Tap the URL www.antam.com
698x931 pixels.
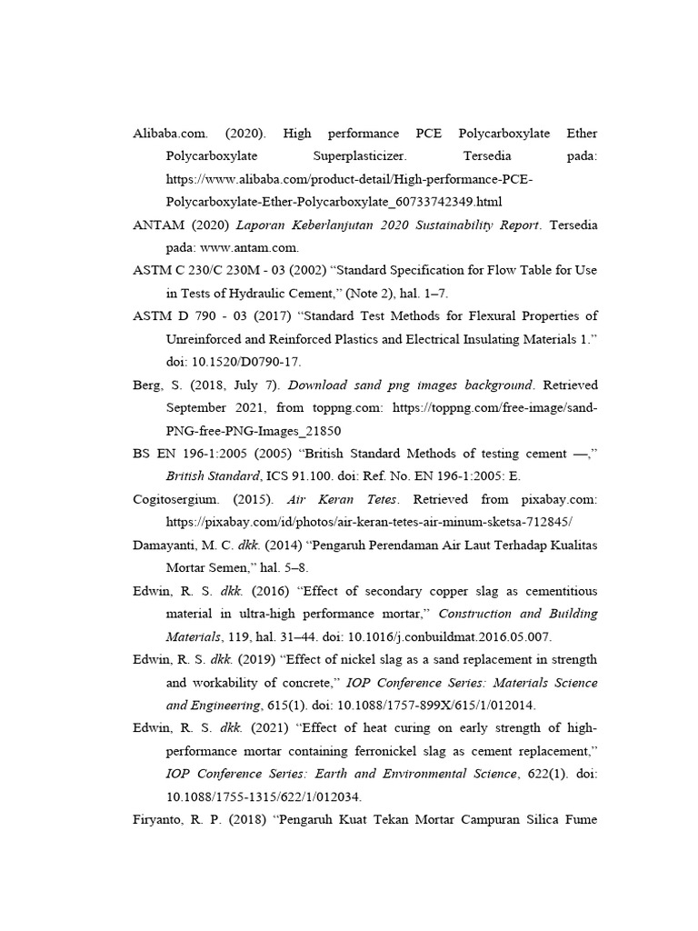[x=244, y=247]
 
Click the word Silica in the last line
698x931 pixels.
[x=529, y=818]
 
